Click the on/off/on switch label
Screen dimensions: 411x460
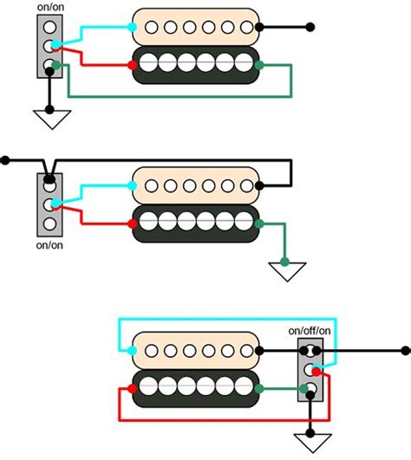tap(310, 331)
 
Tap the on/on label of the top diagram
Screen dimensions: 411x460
tap(50, 7)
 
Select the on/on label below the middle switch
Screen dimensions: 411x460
tap(49, 245)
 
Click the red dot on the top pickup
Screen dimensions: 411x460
tap(133, 65)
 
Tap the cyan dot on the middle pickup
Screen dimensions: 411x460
tap(133, 185)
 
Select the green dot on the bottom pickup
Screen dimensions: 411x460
tap(259, 389)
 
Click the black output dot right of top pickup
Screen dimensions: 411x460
tap(310, 27)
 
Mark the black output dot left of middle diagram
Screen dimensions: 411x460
tap(5, 160)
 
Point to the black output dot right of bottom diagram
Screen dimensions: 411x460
tap(406, 351)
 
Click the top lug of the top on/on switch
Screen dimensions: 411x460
tap(49, 27)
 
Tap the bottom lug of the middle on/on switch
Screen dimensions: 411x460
tap(49, 224)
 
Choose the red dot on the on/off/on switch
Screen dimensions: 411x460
tap(316, 372)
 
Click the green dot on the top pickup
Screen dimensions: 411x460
tap(259, 65)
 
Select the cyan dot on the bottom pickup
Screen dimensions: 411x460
tap(133, 351)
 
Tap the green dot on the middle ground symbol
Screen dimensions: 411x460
tap(284, 262)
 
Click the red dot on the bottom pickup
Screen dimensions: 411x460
tap(133, 389)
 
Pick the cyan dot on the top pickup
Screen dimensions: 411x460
tap(133, 27)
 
